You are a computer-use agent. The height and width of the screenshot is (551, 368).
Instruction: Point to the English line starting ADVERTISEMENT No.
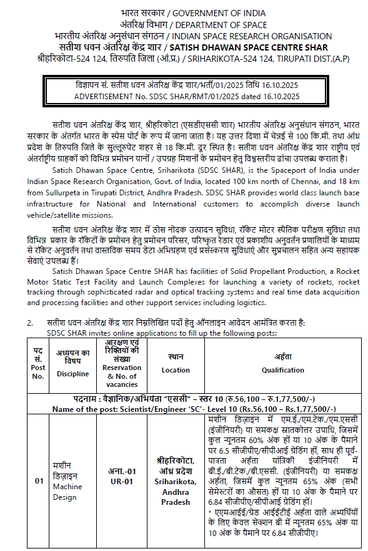(x=187, y=96)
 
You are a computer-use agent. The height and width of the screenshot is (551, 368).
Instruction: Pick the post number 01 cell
(x=39, y=481)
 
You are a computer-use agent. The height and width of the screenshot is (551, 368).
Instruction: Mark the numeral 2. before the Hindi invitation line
(x=29, y=323)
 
